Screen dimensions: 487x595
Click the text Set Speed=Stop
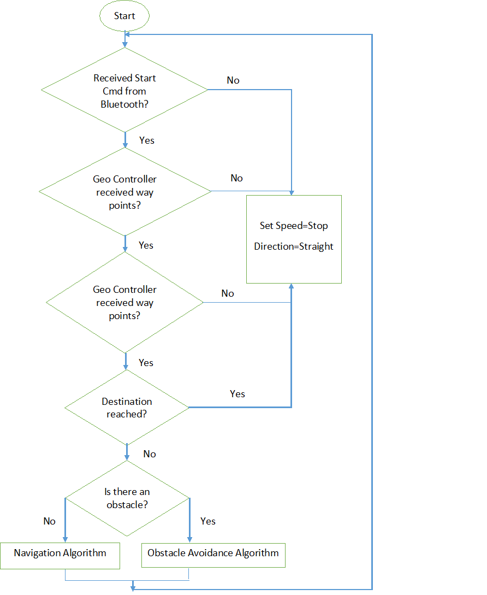(294, 226)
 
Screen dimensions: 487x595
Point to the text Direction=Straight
(294, 246)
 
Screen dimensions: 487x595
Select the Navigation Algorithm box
(60, 556)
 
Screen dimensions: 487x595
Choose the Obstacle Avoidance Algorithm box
(213, 555)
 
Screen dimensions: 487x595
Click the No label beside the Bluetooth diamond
(233, 80)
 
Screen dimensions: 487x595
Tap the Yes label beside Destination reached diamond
(237, 394)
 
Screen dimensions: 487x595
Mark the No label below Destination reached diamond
(150, 454)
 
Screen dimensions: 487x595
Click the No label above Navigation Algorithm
(49, 521)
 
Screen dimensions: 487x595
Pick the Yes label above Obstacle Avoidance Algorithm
(208, 521)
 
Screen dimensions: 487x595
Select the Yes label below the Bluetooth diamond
(147, 140)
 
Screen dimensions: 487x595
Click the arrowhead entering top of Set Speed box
(292, 193)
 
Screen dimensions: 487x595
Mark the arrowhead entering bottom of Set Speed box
(292, 286)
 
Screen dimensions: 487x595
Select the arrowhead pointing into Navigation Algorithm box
(65, 540)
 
